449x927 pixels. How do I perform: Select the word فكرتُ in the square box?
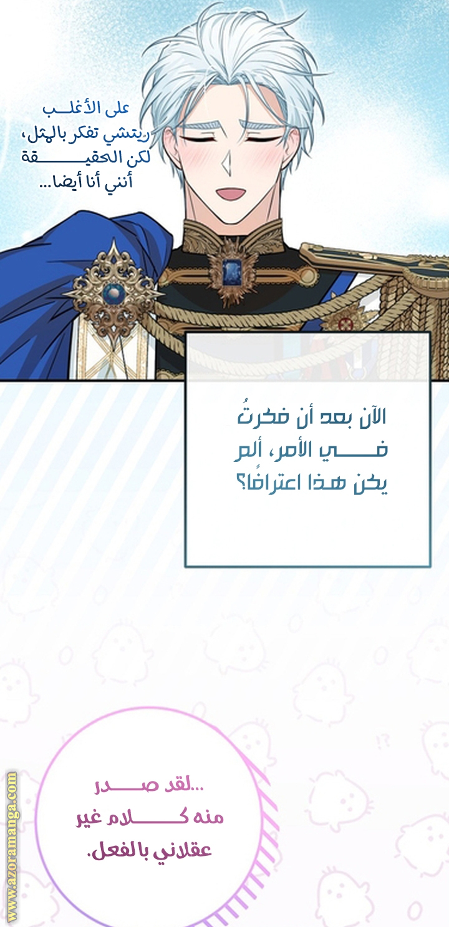pos(257,417)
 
